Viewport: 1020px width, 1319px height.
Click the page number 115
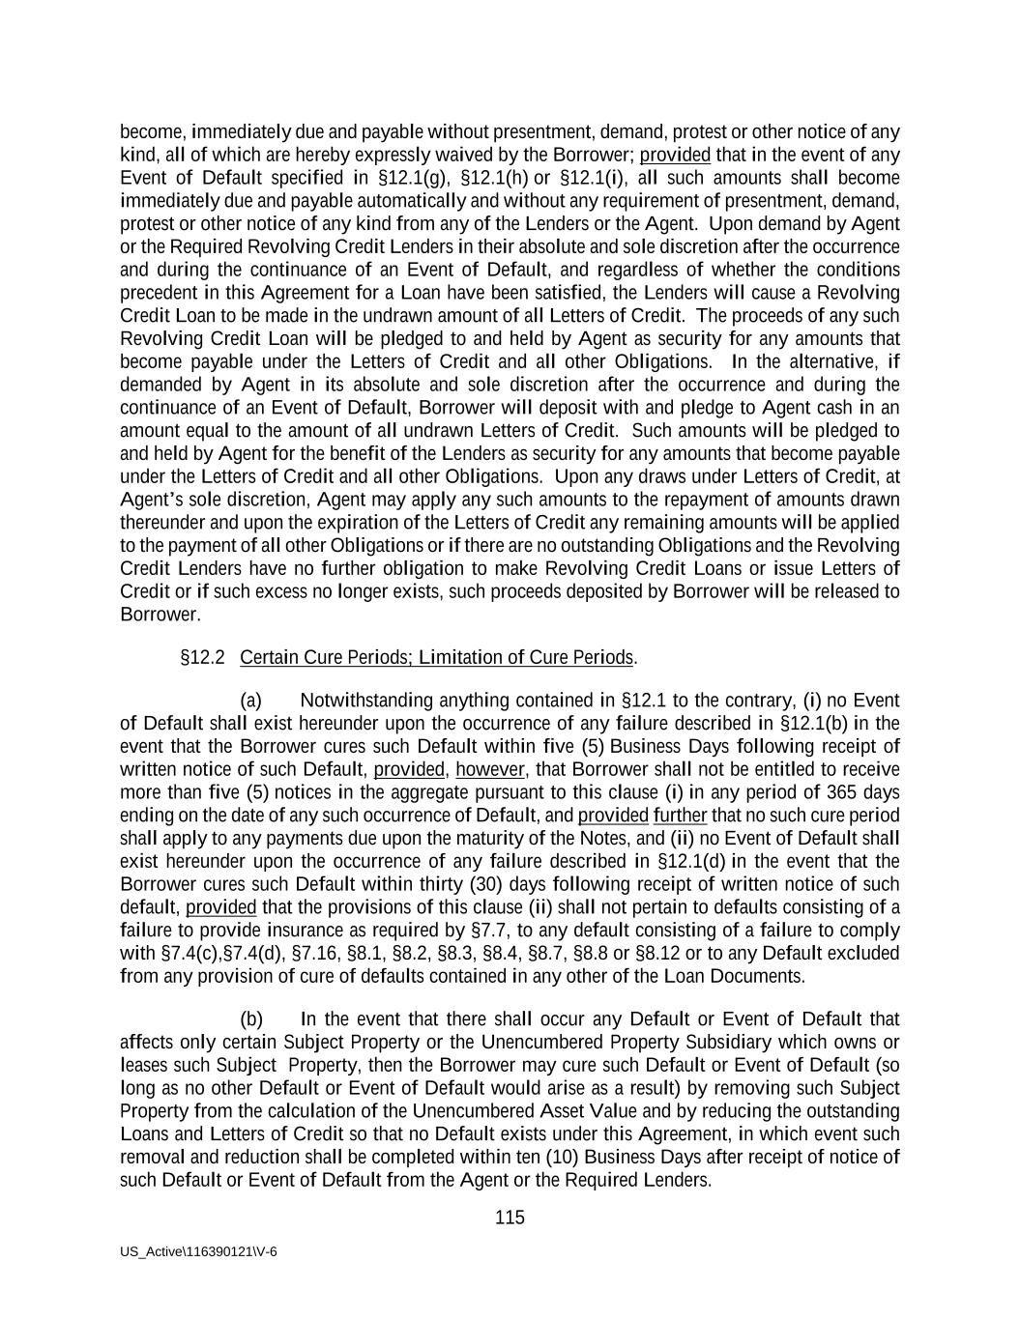click(510, 1218)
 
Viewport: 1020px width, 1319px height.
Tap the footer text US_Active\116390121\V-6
click(198, 1251)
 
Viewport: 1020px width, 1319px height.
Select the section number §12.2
click(202, 658)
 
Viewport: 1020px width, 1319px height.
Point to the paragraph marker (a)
click(250, 701)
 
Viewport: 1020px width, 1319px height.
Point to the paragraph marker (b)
click(250, 1019)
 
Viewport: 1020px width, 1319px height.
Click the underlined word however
click(489, 769)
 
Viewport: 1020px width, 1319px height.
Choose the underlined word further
click(680, 816)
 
